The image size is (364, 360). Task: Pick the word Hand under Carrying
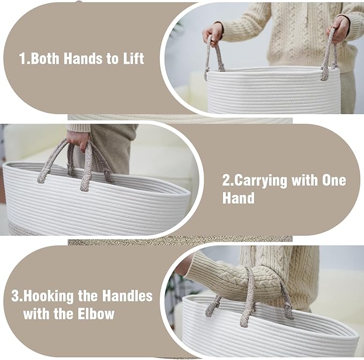[239, 198]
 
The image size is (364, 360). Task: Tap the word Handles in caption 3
[128, 296]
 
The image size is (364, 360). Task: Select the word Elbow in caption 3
[96, 314]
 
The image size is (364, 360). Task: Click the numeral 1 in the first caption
[23, 58]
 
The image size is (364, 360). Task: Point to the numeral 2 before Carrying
[226, 180]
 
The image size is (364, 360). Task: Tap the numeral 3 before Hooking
[15, 296]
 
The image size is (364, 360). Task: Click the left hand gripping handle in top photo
[213, 34]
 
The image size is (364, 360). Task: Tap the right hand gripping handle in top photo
[338, 29]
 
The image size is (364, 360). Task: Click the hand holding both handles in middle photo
[78, 140]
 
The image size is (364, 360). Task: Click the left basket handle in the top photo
[213, 57]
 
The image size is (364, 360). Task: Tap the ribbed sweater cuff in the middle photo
[79, 128]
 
